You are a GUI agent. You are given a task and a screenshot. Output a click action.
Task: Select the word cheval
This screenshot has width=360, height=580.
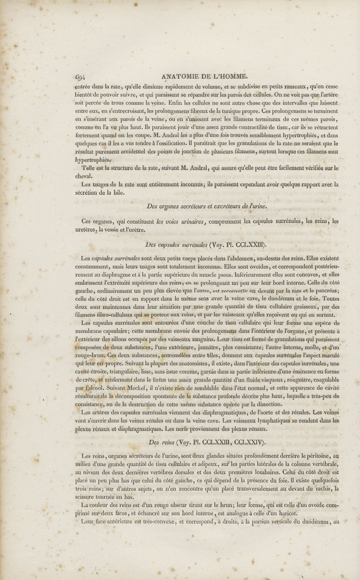click(83, 176)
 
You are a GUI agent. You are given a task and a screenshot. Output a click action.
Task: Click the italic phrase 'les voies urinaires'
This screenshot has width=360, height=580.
click(180, 221)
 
